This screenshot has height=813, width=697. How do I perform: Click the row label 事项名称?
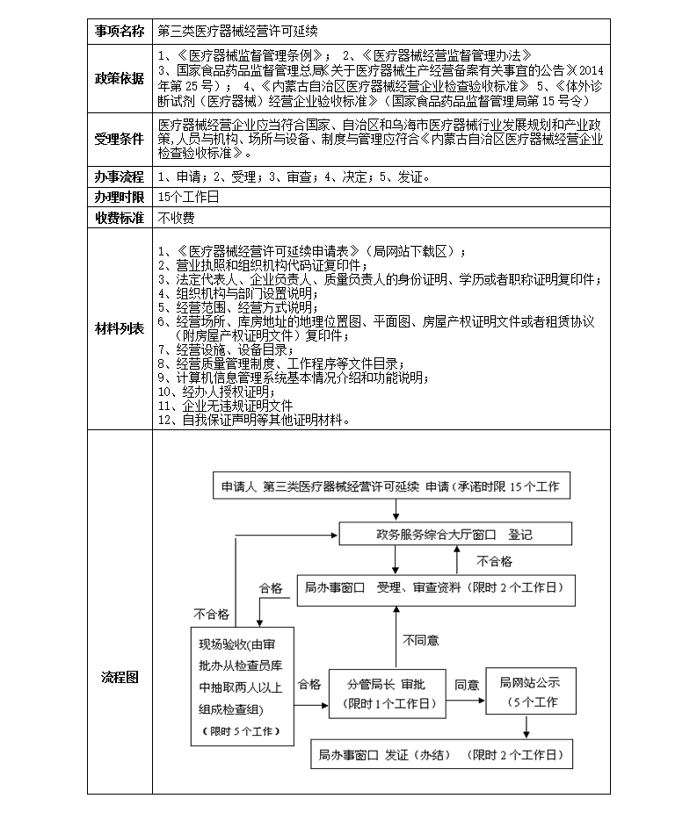pyautogui.click(x=120, y=31)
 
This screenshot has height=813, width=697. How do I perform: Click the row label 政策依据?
pyautogui.click(x=120, y=78)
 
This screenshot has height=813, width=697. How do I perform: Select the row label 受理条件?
pyautogui.click(x=120, y=139)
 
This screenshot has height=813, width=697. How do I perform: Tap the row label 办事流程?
pyautogui.click(x=120, y=176)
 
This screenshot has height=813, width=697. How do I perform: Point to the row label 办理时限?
pyautogui.click(x=120, y=197)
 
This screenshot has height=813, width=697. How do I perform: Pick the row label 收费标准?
pyautogui.click(x=120, y=217)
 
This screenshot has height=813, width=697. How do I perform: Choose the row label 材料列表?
pyautogui.click(x=120, y=328)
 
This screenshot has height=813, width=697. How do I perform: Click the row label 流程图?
pyautogui.click(x=120, y=677)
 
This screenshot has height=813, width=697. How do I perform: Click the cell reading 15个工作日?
pyautogui.click(x=189, y=197)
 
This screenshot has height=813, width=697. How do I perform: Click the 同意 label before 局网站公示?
pyautogui.click(x=466, y=684)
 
